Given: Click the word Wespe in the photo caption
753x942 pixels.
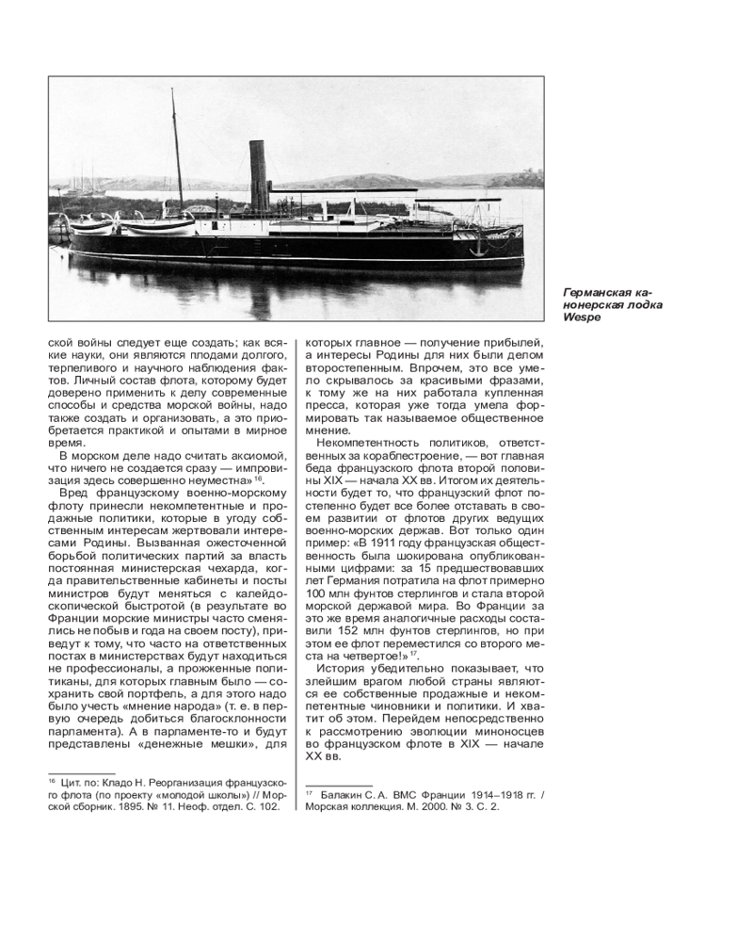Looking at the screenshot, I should (x=579, y=317).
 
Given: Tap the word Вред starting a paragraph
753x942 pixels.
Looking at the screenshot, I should (x=73, y=494).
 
